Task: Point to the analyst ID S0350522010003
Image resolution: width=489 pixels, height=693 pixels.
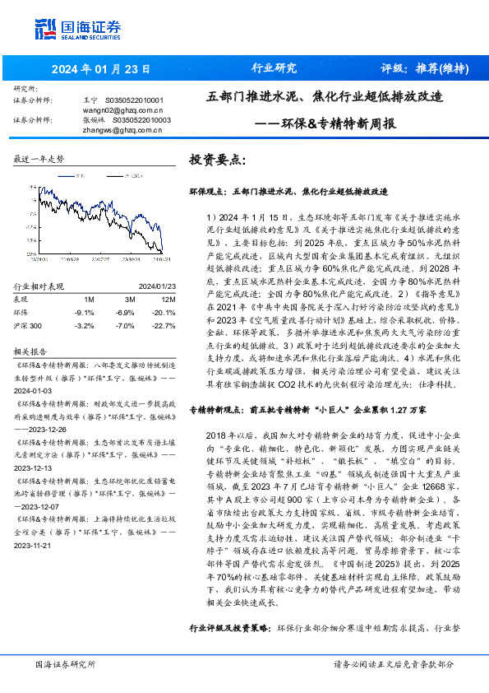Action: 141,119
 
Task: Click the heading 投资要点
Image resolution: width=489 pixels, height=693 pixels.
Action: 219,159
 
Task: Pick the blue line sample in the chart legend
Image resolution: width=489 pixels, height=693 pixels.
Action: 67,175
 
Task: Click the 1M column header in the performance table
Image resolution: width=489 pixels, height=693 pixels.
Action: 89,299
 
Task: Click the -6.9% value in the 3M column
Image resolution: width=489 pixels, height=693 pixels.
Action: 124,313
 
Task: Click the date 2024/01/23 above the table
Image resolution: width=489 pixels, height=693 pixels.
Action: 146,287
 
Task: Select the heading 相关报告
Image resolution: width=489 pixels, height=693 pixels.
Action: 29,350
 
